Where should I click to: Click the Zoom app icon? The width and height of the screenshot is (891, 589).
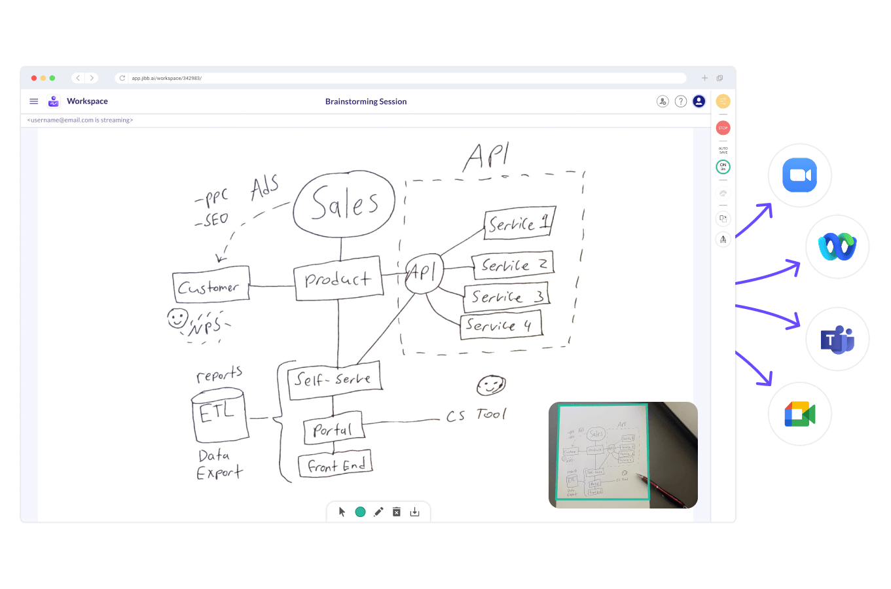pos(799,175)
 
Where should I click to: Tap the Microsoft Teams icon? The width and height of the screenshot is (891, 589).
pos(837,339)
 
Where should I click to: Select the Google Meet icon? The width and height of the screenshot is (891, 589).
pos(799,414)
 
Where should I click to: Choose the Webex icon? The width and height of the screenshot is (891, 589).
pos(837,247)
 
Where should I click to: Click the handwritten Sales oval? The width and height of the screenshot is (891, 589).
pos(344,204)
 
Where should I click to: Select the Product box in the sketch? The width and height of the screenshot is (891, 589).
pos(338,279)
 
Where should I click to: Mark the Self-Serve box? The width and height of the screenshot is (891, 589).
pos(334,380)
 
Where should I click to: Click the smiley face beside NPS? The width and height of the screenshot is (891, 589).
pos(177,319)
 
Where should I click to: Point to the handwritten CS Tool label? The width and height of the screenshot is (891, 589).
pos(476,415)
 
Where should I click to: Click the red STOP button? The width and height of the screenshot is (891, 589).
pos(723,128)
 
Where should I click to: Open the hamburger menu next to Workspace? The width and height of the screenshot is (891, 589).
pos(34,101)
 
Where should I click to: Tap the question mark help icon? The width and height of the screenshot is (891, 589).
pos(681,101)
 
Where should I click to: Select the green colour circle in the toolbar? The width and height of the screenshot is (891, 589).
pos(360,512)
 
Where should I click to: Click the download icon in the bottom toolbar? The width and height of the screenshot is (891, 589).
pos(414,512)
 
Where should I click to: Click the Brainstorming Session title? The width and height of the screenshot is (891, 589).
pos(366,101)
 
